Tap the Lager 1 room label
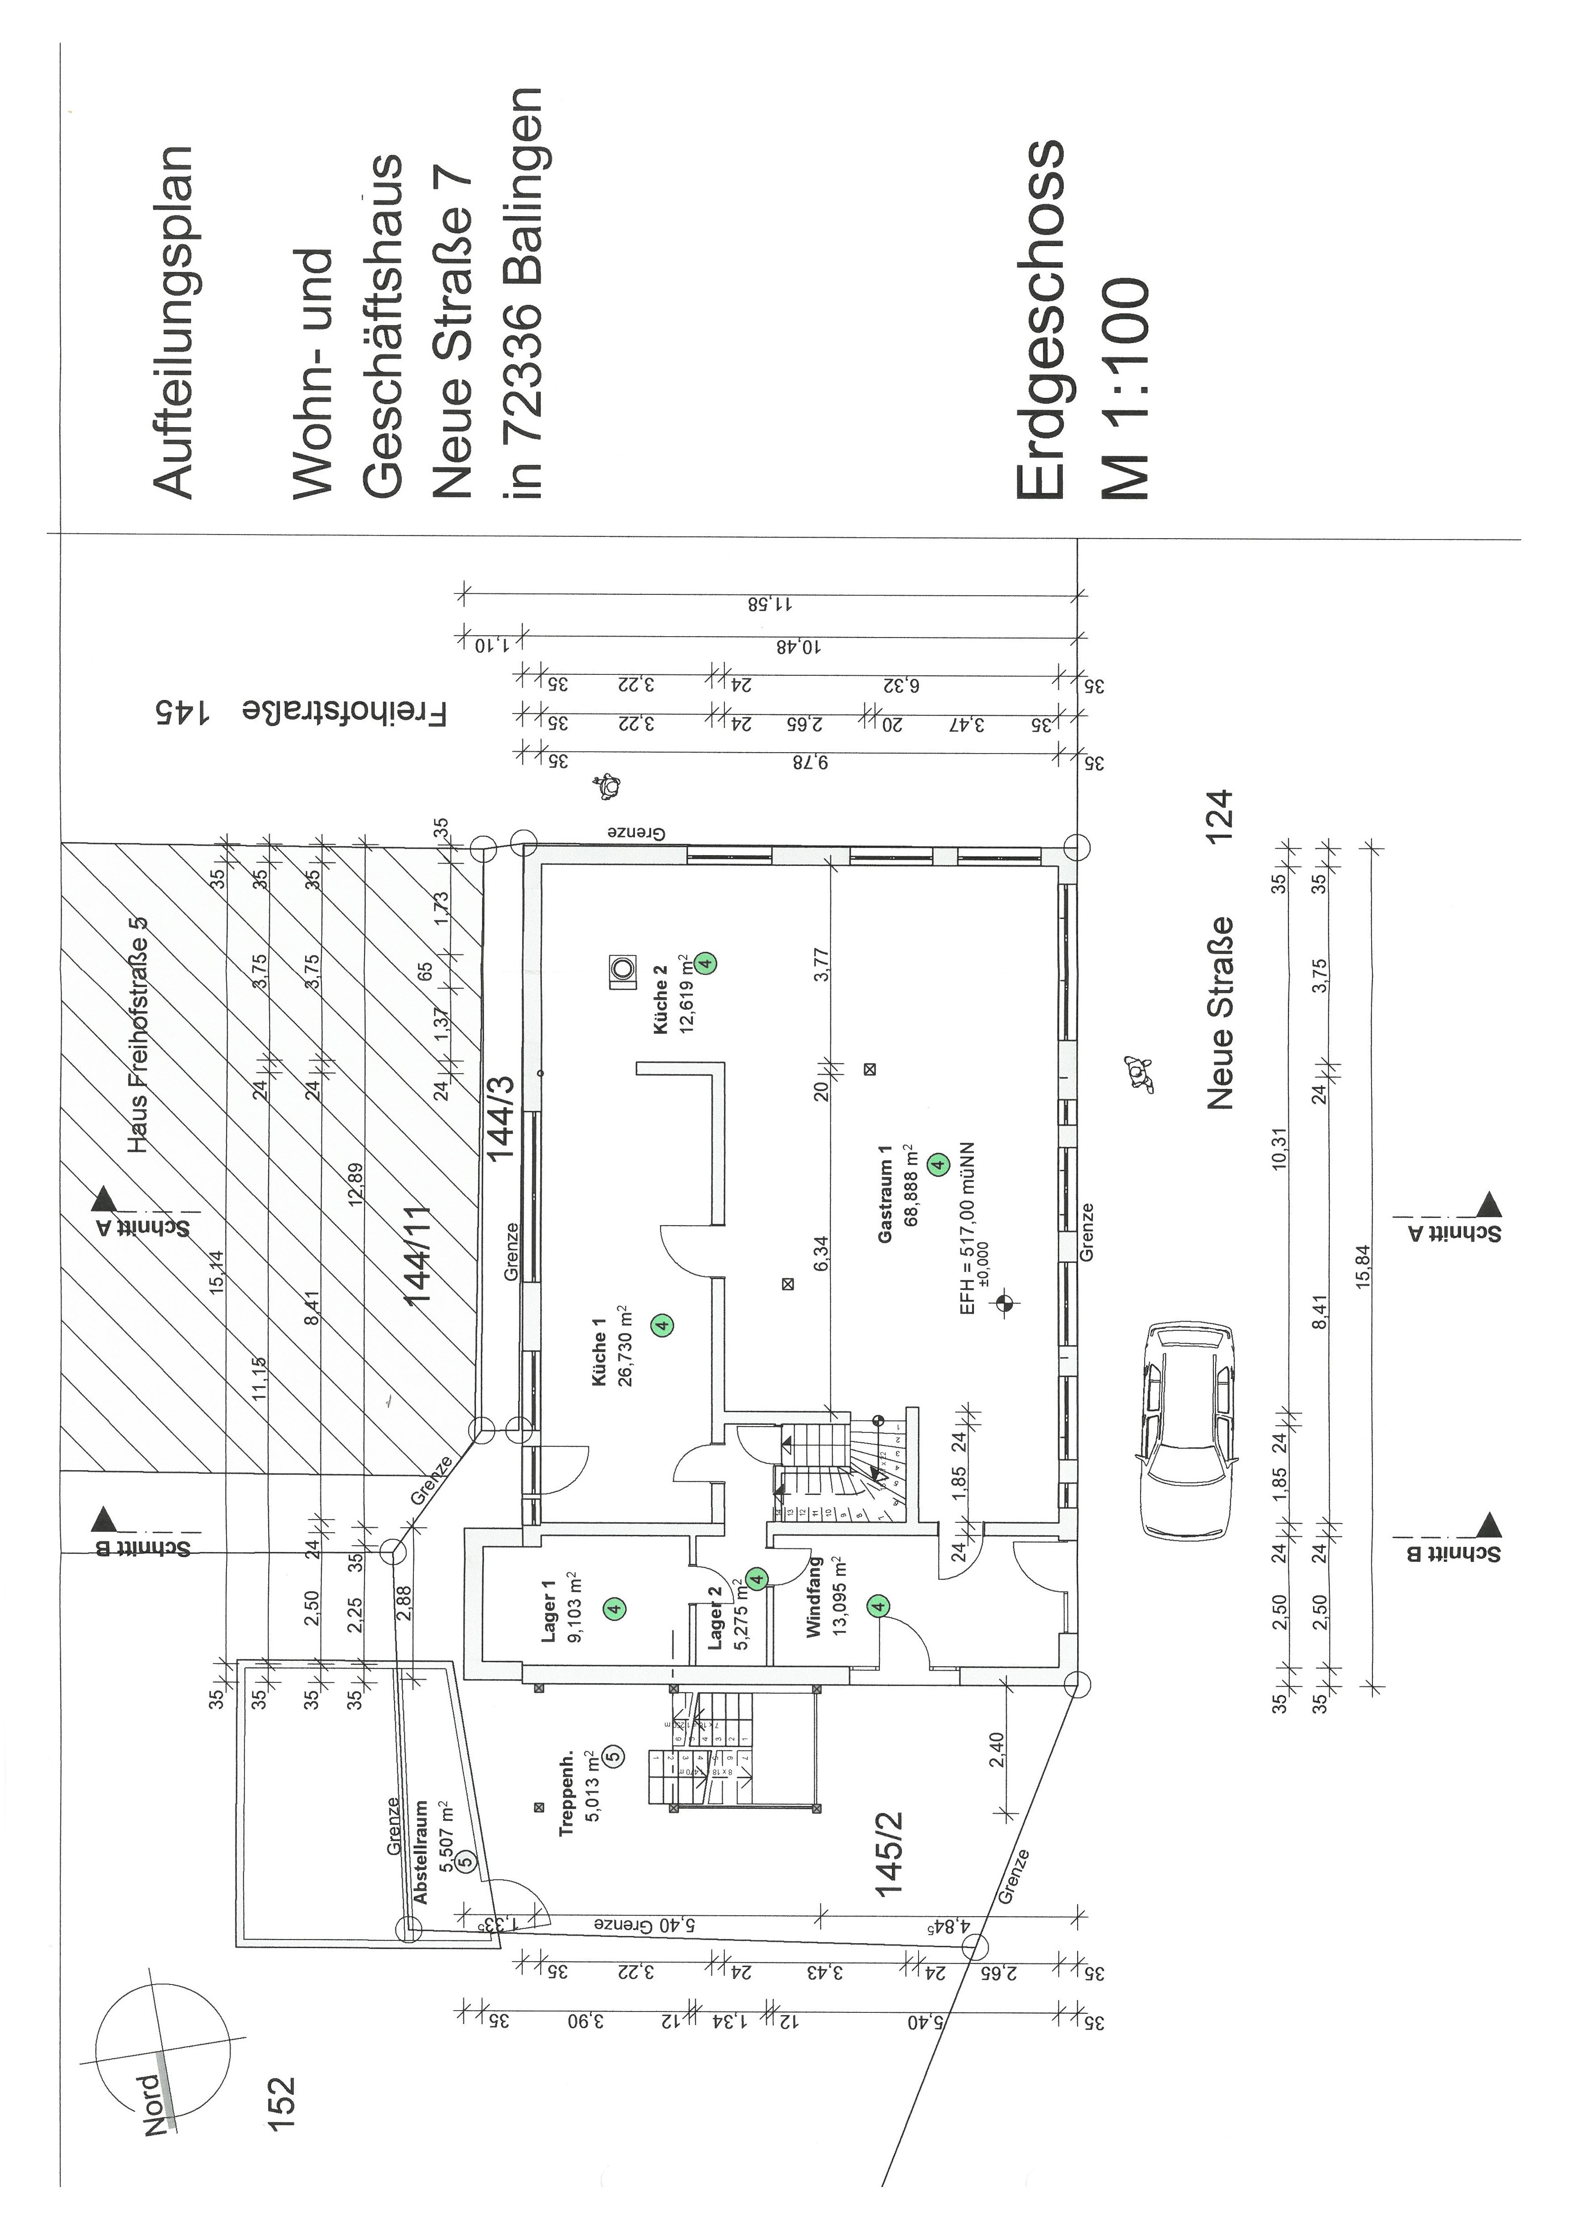(x=549, y=1610)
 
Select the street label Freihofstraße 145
(x=301, y=713)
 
